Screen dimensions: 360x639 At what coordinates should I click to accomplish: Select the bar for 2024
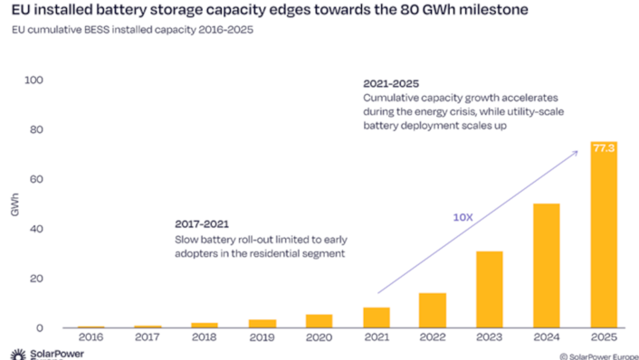(546, 266)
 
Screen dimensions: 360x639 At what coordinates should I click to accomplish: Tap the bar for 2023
(489, 289)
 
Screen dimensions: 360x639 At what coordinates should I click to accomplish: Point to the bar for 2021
(376, 317)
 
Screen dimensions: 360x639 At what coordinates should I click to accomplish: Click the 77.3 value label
(604, 147)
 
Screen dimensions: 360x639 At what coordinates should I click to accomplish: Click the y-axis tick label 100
(33, 81)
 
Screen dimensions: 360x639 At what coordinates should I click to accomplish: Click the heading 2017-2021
(201, 223)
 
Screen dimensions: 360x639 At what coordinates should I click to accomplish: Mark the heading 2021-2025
(391, 81)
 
